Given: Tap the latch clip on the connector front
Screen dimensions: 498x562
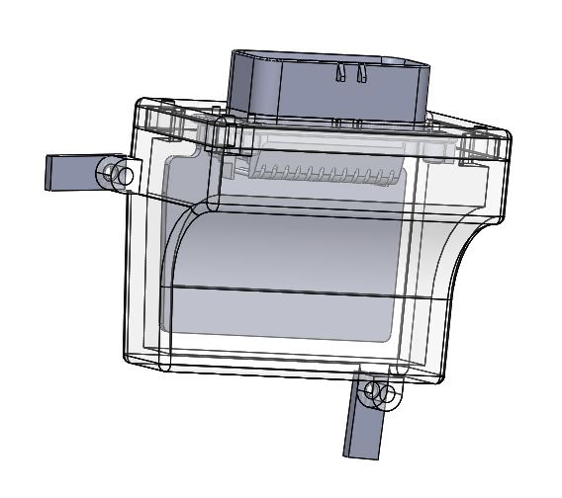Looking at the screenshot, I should coord(349,73).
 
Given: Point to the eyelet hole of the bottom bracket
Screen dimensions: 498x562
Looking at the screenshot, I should coord(377,393).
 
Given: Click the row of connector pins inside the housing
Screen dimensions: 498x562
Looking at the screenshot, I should coord(317,175).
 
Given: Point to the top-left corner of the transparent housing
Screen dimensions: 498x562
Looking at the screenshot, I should coord(137,103).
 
